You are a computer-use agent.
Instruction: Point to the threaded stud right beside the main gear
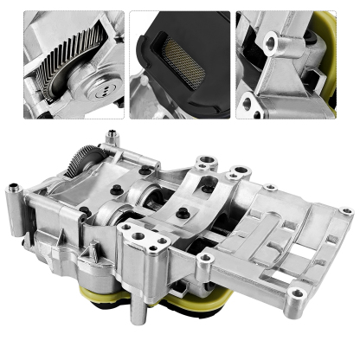click(111, 138)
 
